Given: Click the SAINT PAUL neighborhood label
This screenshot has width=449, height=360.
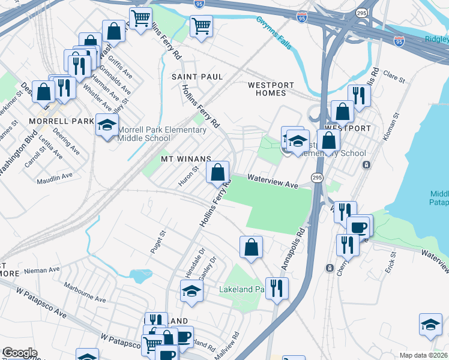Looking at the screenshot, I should coord(197,77).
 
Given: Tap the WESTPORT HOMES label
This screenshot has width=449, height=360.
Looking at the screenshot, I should coord(271,89).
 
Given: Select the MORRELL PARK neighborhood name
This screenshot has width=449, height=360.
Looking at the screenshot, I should coord(61,121).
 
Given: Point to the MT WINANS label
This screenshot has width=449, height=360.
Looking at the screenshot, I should coord(186,159).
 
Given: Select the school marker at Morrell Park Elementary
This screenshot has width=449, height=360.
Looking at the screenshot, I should coord(107,125).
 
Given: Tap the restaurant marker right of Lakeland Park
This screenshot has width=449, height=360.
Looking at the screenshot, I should coord(277,288).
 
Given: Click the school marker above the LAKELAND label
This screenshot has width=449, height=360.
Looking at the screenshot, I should coord(191,291).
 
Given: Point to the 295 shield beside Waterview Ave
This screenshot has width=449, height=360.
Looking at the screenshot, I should coord(318,178).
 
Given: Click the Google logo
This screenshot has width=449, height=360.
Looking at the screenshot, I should coord(19,353).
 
